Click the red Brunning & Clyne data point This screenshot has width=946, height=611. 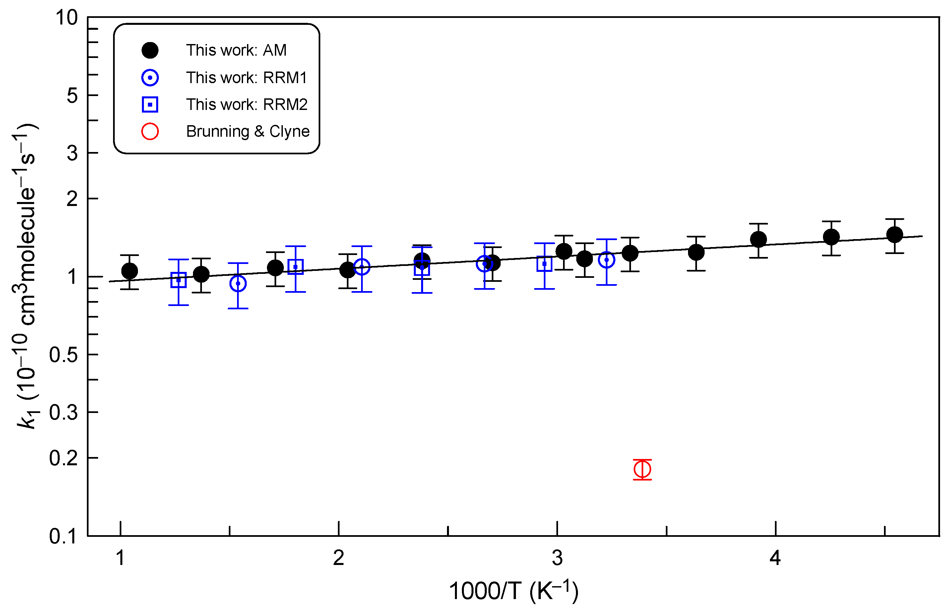tap(642, 469)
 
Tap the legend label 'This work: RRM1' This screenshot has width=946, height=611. tap(246, 78)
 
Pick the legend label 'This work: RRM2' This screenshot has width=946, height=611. tap(246, 105)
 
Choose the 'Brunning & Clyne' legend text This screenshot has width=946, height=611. tap(247, 131)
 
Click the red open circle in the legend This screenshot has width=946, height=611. tap(150, 131)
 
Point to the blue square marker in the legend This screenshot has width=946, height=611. tap(150, 105)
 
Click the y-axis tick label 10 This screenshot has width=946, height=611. tap(67, 18)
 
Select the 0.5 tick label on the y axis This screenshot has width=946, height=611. tap(64, 355)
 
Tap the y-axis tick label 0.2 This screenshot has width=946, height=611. tap(64, 458)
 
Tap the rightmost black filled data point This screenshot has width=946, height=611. tap(894, 235)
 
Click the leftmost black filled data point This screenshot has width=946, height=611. tap(129, 271)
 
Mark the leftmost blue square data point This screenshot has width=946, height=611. tap(178, 280)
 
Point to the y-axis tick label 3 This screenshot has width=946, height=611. tap(72, 153)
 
